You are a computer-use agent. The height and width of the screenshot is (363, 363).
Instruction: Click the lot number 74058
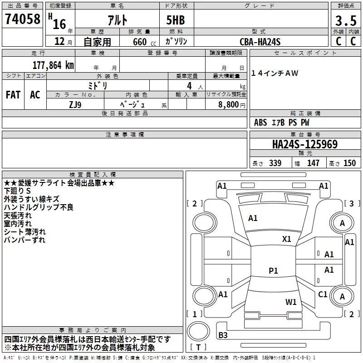click(23, 19)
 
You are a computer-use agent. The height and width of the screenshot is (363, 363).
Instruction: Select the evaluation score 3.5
click(346, 20)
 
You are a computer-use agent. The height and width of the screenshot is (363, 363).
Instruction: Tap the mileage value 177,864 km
click(53, 65)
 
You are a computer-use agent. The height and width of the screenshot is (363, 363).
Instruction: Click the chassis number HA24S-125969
click(305, 144)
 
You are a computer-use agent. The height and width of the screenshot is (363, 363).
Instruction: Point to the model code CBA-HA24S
click(260, 42)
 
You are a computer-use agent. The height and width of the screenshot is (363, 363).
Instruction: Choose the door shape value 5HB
click(176, 20)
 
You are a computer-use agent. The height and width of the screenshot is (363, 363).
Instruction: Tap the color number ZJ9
click(75, 105)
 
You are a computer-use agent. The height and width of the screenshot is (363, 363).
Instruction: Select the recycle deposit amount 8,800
click(228, 105)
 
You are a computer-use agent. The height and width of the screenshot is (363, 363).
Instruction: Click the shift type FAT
click(13, 95)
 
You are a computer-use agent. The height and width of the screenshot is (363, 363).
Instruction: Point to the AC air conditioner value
click(35, 95)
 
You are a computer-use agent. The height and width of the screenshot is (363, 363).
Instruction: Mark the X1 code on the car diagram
click(287, 239)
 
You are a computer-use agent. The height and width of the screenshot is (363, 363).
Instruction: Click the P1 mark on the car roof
click(273, 270)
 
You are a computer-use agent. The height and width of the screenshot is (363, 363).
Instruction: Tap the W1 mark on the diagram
click(291, 302)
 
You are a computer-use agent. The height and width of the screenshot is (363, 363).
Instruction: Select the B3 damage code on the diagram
click(223, 335)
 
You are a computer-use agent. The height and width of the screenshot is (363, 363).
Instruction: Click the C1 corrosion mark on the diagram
click(323, 294)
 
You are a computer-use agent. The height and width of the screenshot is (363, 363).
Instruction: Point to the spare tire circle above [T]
click(198, 331)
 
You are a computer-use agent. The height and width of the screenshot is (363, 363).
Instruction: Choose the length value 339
click(275, 163)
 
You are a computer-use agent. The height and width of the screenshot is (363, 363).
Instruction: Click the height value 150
click(349, 163)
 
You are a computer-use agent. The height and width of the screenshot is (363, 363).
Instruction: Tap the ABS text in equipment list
click(260, 123)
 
